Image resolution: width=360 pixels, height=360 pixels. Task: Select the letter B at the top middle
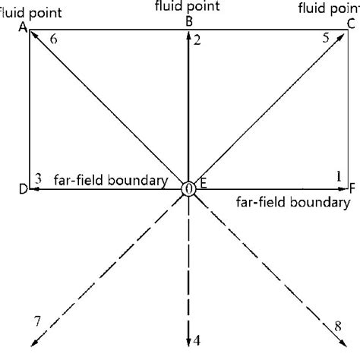tap(188, 22)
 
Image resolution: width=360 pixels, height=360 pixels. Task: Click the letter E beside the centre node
tap(204, 183)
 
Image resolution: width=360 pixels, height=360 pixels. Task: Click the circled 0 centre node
tap(188, 188)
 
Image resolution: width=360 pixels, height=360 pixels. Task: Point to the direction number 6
tap(52, 38)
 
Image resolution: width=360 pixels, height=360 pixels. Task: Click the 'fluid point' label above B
tap(188, 7)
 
